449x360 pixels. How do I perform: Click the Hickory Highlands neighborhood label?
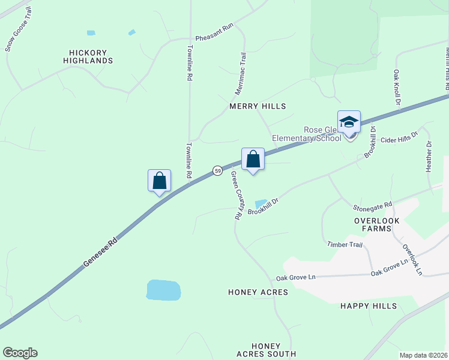88,56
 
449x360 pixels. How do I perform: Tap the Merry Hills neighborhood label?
256,106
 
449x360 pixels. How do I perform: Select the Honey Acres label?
258,292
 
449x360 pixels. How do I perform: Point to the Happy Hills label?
369,306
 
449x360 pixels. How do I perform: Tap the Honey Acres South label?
265,350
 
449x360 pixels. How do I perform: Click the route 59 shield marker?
217,170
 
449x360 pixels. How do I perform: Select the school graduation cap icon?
349,122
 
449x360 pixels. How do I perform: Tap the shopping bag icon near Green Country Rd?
253,160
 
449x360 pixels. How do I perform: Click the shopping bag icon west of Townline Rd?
160,181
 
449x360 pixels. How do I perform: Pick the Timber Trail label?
345,244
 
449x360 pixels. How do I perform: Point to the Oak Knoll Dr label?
397,86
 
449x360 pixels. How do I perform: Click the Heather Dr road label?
429,157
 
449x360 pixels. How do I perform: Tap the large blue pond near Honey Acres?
163,290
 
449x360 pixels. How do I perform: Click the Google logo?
20,353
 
